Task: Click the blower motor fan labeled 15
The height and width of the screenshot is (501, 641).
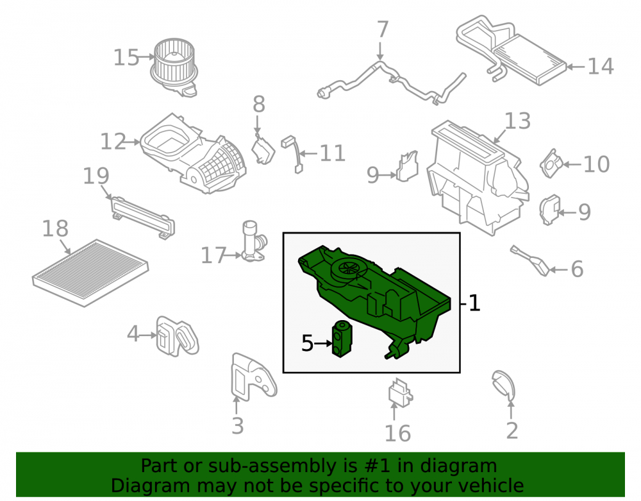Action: (174, 67)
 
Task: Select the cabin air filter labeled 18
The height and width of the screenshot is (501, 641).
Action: (90, 273)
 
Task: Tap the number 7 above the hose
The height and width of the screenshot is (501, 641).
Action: (382, 30)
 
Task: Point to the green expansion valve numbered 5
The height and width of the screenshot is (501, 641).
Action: (342, 339)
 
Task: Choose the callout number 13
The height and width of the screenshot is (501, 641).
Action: (517, 121)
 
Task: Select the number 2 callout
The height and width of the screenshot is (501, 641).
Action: (512, 430)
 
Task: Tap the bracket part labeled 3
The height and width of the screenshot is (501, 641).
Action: (253, 377)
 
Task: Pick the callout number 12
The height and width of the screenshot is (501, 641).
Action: (113, 142)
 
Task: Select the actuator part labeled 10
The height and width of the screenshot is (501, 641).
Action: (551, 164)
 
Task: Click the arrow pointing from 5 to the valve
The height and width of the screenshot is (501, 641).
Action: (323, 344)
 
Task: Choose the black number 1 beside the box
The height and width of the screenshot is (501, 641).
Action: (474, 303)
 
